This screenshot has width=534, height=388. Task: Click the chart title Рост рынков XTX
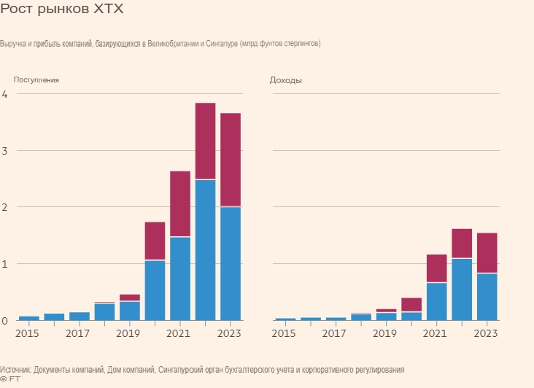coord(62,10)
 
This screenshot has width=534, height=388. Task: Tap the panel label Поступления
coord(36,79)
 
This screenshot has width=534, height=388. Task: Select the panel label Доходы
coord(286,80)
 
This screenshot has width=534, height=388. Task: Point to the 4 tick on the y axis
coord(4,94)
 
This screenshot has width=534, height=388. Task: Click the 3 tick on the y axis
coord(4,151)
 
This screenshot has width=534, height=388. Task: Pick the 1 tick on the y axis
coord(4,263)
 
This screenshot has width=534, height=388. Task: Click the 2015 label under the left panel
coord(28,333)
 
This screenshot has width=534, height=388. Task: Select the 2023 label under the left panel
coord(230,333)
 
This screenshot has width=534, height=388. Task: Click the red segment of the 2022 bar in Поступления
coord(205,141)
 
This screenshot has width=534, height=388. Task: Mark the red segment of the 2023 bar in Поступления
coord(231,160)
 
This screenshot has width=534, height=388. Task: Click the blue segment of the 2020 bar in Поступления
coord(155,290)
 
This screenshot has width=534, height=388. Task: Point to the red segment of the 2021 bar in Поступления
coord(180,203)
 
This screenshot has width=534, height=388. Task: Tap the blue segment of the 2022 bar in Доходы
coord(462,289)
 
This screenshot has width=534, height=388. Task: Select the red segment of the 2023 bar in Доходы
coord(487,252)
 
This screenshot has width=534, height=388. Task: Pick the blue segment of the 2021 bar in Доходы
coord(436,301)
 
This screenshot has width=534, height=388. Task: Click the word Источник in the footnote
coord(15,370)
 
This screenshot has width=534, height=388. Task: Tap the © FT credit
coord(10,379)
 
